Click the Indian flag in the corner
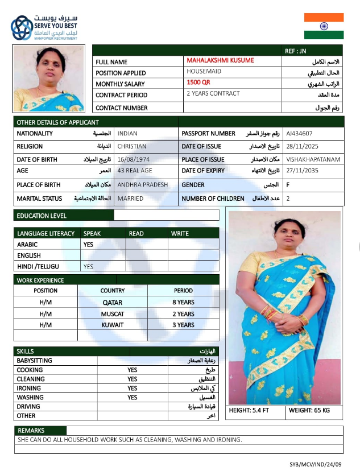click(324, 26)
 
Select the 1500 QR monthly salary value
click(198, 82)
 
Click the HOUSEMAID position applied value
click(204, 72)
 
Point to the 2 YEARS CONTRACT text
click(213, 93)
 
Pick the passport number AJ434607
click(299, 134)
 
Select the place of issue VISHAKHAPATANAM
click(313, 160)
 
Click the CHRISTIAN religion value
click(132, 147)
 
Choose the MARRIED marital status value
click(130, 199)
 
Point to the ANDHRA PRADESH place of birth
click(143, 185)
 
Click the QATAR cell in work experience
click(112, 303)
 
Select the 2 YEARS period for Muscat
click(183, 314)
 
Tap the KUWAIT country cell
click(113, 325)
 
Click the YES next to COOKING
click(132, 370)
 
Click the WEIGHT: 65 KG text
click(309, 411)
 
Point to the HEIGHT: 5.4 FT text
click(249, 411)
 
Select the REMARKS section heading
click(31, 431)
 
